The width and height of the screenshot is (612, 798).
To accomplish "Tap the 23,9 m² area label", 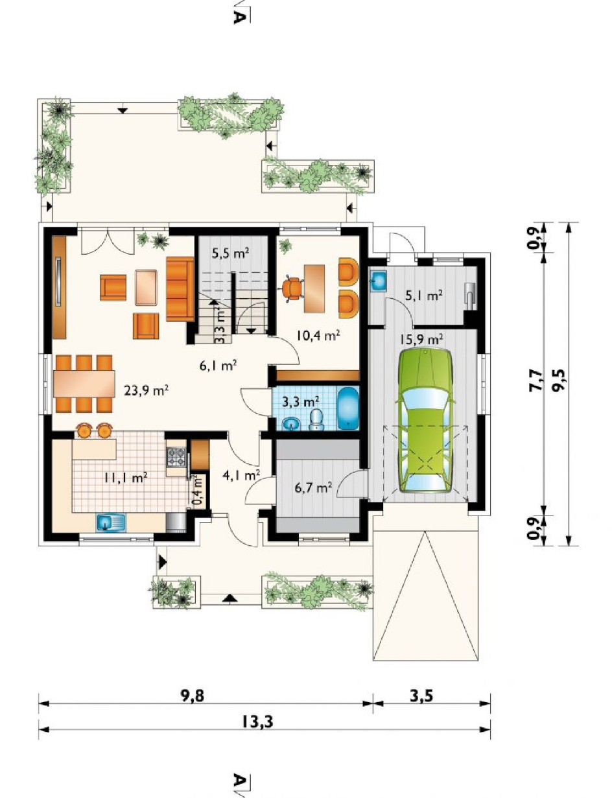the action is click(146, 390).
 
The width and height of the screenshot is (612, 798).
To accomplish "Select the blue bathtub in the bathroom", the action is click(347, 408).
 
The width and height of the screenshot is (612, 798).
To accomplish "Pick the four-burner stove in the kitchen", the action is click(176, 458).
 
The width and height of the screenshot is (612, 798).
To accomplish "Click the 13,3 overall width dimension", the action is click(258, 722).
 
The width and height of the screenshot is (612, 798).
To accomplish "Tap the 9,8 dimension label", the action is click(192, 696).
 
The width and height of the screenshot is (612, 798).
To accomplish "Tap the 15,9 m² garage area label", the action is click(421, 338).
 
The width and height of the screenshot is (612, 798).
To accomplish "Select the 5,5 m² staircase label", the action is click(231, 253).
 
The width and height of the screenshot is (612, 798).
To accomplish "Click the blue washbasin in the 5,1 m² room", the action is click(378, 281).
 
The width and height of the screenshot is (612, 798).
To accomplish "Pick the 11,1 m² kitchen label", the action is click(125, 477).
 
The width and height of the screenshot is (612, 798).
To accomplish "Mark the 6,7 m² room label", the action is click(314, 487).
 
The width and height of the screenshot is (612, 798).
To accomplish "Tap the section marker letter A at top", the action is click(239, 17).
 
